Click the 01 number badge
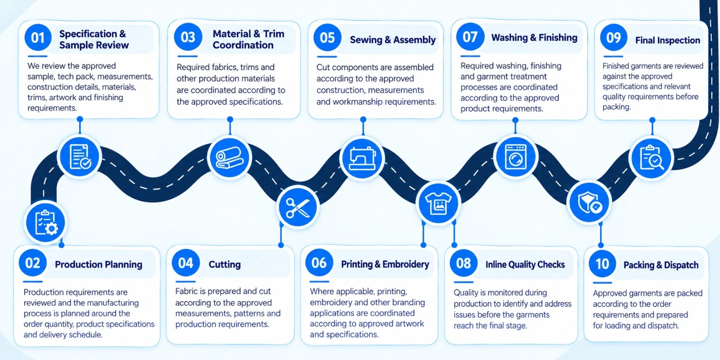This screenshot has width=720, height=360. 38,38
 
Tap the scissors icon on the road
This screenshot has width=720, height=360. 297,207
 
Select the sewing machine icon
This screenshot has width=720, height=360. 363,158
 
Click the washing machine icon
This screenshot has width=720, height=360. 516,157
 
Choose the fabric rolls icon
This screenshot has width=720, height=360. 229,157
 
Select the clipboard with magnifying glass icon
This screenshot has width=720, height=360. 651,157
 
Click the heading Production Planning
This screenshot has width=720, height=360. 99,265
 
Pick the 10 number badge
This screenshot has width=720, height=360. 602,264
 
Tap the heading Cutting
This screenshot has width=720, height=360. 225,265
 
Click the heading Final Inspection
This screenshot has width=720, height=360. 668,40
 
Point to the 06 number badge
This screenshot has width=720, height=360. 319,263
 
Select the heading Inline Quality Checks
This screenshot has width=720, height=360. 525,265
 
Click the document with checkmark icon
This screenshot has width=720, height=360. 80,157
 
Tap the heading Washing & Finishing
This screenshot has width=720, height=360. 534,38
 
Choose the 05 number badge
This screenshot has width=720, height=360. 327,38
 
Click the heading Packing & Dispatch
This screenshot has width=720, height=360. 661,265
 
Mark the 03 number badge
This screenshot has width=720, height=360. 188,37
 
